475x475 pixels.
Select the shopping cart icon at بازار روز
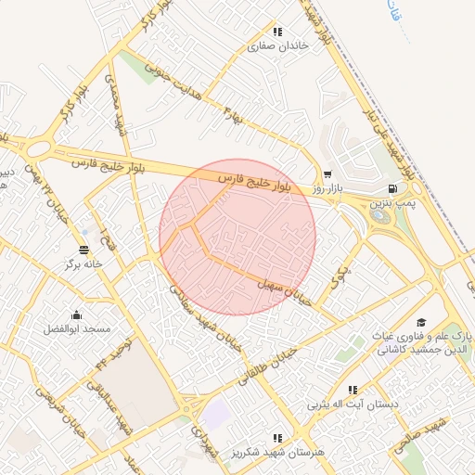pos(327,173)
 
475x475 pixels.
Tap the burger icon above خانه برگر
pos(84,250)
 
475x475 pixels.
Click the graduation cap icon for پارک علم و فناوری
pos(421,322)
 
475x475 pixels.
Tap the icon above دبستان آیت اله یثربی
pos(352,390)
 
